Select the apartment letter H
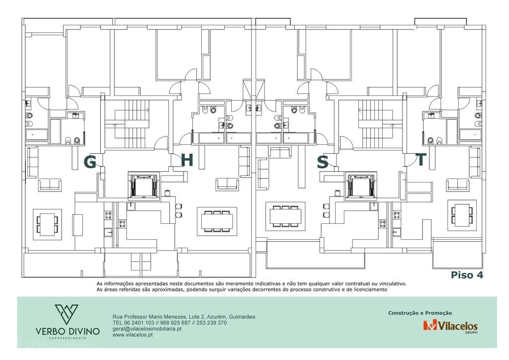pos(187,160)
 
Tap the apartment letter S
pos(323,162)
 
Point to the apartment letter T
pos(421,160)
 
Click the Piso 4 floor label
pos(467,275)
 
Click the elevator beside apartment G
pos(143,185)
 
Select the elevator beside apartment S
pos(362,185)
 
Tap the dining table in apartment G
pos(47,224)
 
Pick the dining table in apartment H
pos(217,221)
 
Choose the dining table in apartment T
pos(462,215)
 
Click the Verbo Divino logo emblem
pos(67,315)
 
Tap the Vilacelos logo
pos(450,326)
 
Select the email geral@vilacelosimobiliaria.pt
pos(147,329)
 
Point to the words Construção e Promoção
pos(420,313)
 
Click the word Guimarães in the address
pos(242,317)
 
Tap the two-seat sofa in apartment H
pos(227,184)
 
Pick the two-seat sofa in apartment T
pos(458,184)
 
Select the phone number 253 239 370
pos(212,323)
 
